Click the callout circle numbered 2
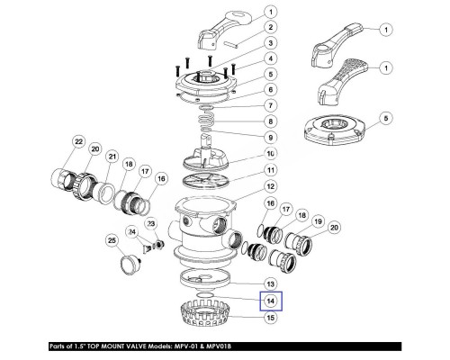coord(271,27)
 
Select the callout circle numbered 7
coord(271,105)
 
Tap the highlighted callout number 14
coord(271,301)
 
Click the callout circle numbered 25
coord(112,240)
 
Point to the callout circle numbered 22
coord(78,142)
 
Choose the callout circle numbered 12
coord(271,186)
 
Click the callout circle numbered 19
coord(318,221)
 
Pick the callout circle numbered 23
coord(151,224)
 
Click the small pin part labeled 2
coord(230,44)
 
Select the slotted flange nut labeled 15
coord(206,315)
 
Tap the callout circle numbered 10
coord(271,154)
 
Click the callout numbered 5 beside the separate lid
coord(386,118)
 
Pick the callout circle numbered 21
coord(112,157)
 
